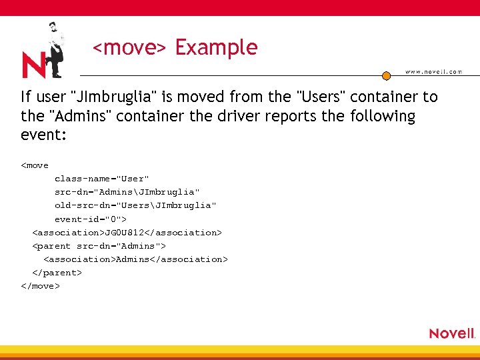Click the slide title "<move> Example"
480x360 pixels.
(175, 47)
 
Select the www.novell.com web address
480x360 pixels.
(433, 72)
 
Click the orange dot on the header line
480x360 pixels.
(386, 76)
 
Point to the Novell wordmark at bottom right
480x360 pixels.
(451, 333)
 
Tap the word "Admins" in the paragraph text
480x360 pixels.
(79, 116)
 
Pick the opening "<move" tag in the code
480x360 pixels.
(35, 165)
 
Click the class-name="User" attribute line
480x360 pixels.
(102, 179)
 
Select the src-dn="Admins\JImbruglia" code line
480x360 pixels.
(127, 192)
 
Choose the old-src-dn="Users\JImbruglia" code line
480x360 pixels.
(135, 205)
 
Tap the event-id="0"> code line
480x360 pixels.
(91, 219)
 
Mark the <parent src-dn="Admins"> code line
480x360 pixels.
(99, 246)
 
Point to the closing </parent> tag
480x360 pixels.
(57, 273)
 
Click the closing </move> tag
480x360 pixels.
(41, 286)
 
